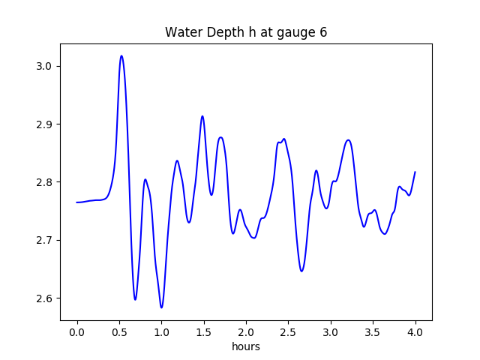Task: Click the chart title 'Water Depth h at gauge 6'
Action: [x=246, y=32]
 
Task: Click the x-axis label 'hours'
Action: [x=246, y=347]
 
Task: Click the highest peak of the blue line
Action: [x=121, y=55]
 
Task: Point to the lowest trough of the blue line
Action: [x=161, y=307]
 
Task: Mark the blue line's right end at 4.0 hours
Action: [x=415, y=172]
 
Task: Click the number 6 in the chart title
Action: [x=323, y=32]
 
